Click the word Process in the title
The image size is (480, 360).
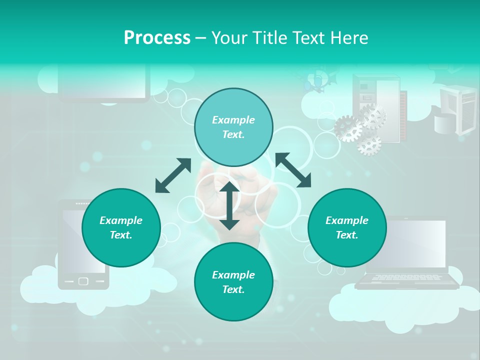tap(157, 38)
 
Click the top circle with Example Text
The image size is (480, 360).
tap(233, 127)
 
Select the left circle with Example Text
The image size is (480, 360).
tap(121, 227)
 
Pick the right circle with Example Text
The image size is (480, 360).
tap(347, 227)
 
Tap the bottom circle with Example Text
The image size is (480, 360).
tap(233, 282)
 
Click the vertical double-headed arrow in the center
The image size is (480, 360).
tap(229, 205)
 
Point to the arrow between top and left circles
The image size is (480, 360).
tap(173, 175)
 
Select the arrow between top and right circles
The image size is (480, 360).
tap(293, 170)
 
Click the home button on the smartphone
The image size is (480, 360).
tap(83, 281)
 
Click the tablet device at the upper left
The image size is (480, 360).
tap(104, 82)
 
